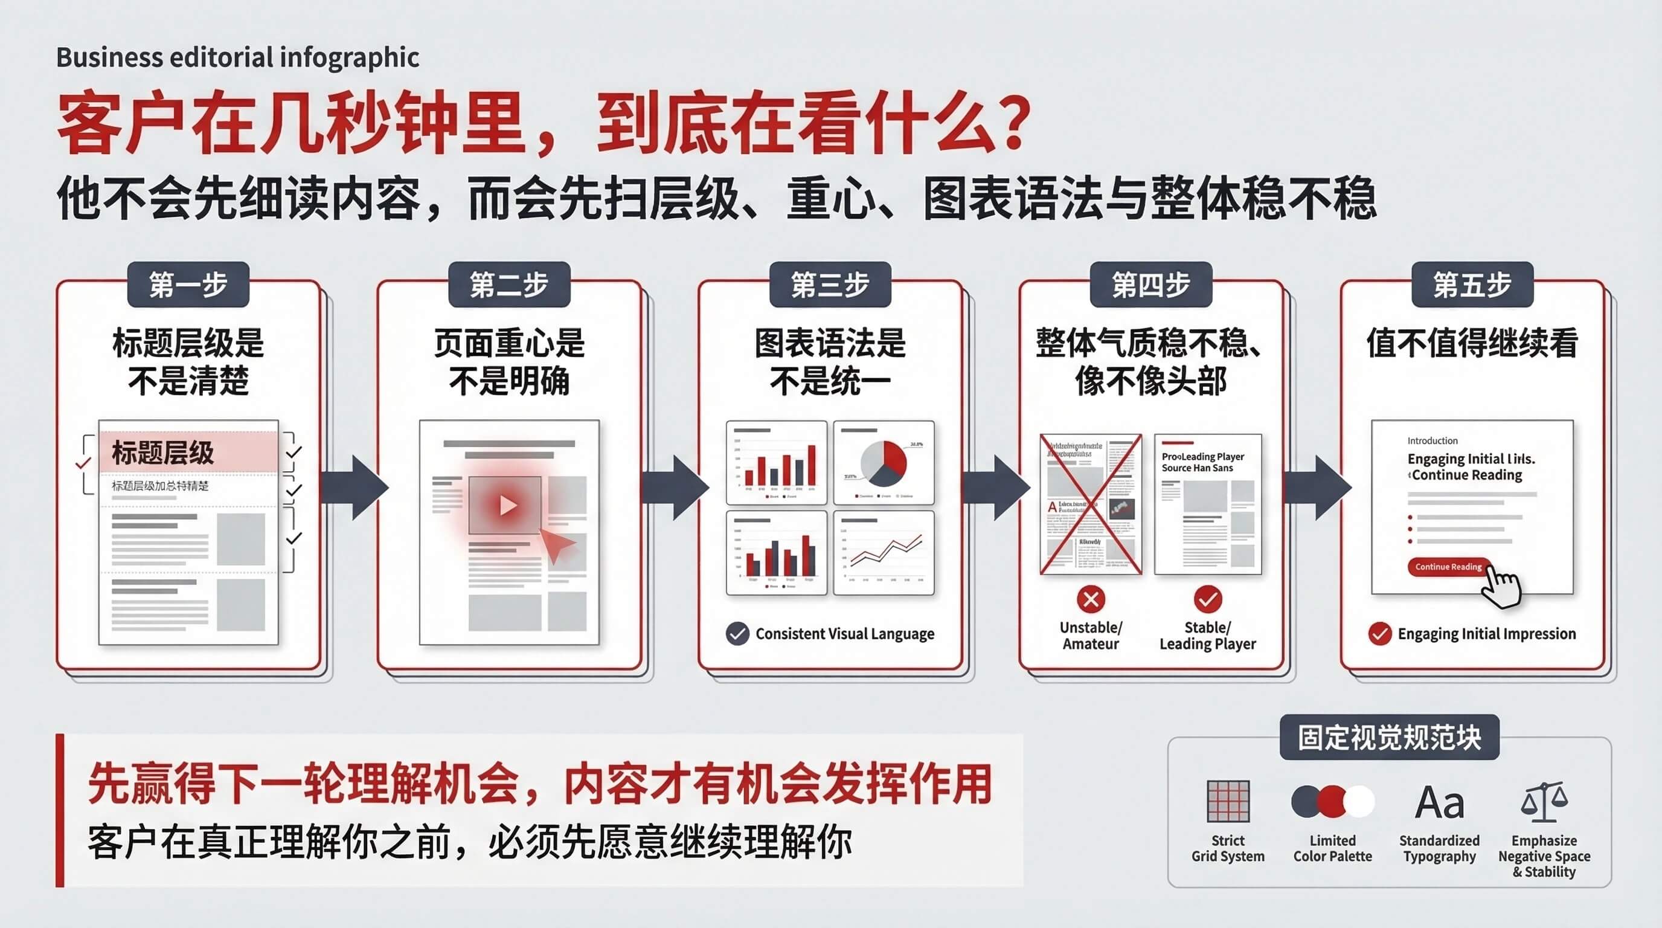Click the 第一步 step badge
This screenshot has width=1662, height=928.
(188, 285)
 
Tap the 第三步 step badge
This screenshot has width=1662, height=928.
(830, 285)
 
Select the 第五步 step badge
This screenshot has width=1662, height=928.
(1472, 285)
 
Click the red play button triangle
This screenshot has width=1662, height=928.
(508, 505)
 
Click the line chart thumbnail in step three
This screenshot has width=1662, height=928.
(884, 552)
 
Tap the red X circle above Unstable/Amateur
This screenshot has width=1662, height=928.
(1091, 599)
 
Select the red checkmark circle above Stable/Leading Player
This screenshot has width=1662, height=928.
(1208, 599)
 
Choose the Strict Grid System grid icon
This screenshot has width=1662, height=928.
(1228, 801)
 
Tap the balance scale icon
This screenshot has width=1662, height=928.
(1543, 801)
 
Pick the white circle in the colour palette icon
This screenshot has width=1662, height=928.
(1359, 802)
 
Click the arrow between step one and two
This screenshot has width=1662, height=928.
(355, 487)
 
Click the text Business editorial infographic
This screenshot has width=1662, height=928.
(237, 57)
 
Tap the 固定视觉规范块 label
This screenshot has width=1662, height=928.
(1389, 738)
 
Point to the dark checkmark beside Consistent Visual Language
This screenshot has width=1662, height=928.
(737, 634)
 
